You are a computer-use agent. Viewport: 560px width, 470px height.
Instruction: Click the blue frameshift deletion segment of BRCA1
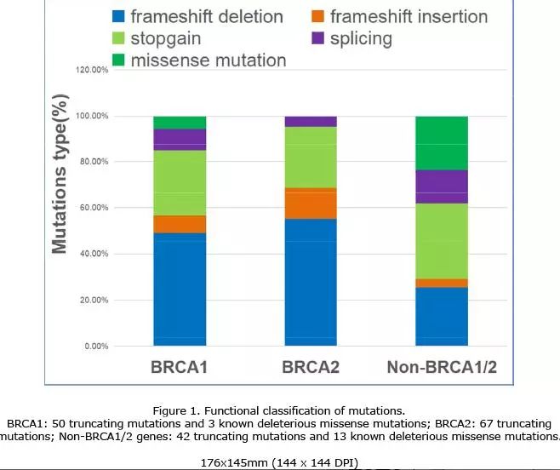180,289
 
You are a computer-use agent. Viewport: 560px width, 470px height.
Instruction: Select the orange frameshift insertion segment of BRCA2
310,203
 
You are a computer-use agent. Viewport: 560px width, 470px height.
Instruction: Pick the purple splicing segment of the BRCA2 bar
310,121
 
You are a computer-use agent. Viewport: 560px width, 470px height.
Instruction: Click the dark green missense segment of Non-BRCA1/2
441,143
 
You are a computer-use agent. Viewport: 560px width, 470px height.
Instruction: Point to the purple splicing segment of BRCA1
180,140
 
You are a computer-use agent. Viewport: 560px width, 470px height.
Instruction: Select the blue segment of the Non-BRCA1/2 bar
441,316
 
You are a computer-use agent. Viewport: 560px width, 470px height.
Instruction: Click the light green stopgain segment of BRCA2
310,158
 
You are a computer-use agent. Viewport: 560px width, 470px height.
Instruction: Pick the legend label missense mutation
209,60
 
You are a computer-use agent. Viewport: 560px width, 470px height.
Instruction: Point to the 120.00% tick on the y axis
92,70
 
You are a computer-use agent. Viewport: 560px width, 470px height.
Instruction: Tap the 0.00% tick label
95,347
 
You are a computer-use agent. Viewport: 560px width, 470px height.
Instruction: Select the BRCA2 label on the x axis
310,368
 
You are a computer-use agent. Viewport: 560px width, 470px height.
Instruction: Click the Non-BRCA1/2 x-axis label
441,368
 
